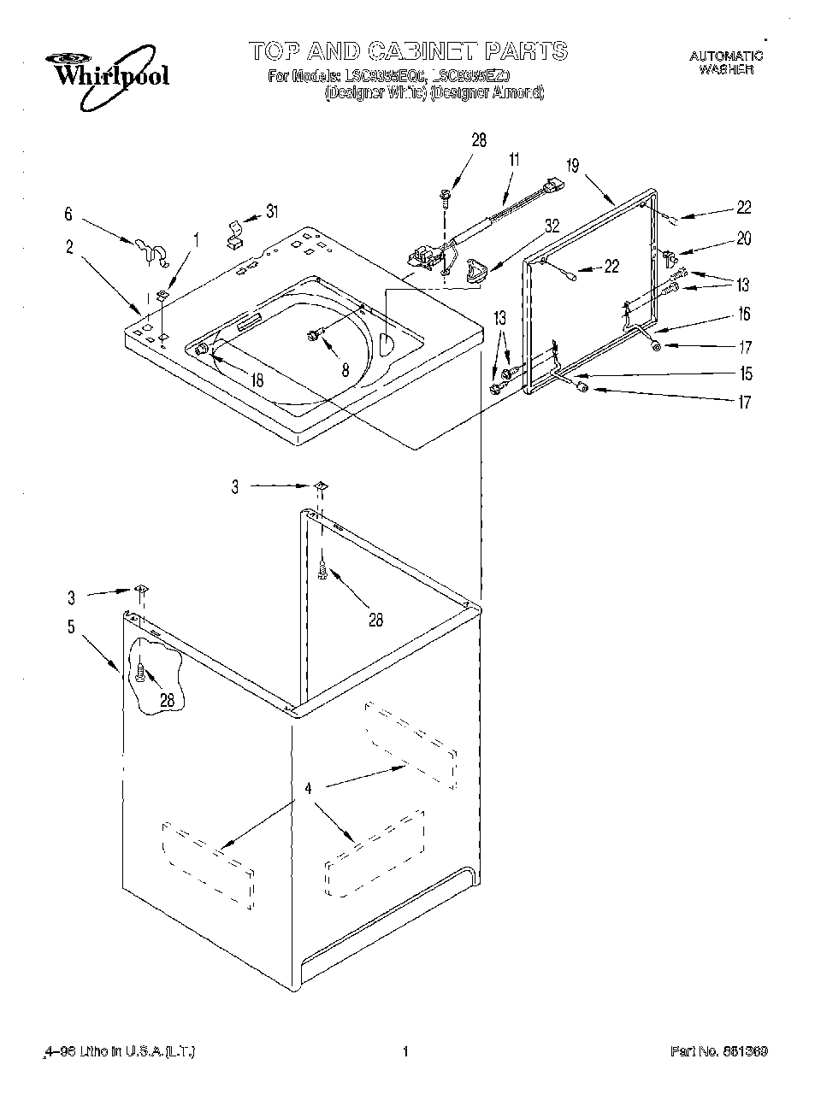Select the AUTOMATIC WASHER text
726,62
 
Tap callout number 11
514,159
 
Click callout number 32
552,226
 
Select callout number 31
272,212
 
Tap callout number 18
257,380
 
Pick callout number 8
345,370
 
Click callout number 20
743,239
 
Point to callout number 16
744,315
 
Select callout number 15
746,373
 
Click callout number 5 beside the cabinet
71,626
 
